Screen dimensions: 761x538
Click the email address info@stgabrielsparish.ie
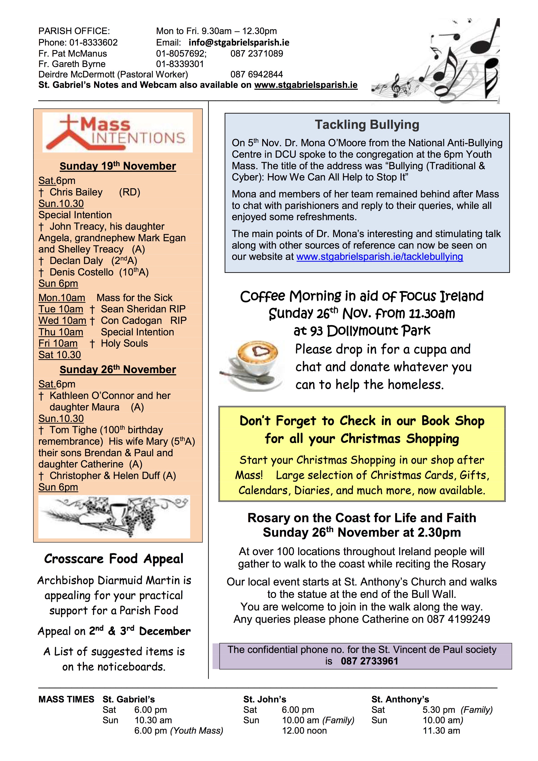coord(239,43)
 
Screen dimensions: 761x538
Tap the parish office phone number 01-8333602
coord(93,43)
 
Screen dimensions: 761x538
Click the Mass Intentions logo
coord(118,132)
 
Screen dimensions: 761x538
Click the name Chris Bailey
coord(76,192)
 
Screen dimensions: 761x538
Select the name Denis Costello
coord(82,272)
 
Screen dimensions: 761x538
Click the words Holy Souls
coord(124,343)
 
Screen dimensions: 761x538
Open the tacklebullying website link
coord(380,257)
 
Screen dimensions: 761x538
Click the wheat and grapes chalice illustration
coord(114,516)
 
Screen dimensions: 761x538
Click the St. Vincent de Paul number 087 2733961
coord(369,661)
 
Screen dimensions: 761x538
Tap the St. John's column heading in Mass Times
coord(265,699)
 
